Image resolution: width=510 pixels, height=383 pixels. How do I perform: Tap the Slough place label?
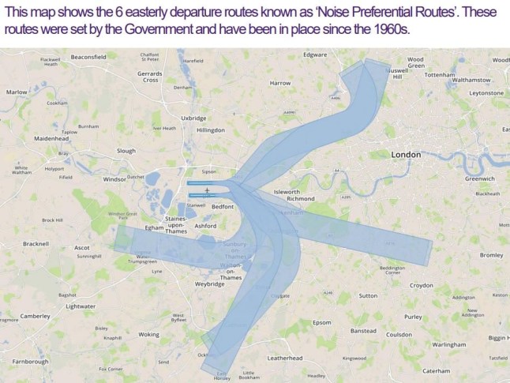pos(126,150)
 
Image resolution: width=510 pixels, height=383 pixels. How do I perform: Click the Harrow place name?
pos(280,83)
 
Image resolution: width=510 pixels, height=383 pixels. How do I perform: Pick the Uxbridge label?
pos(193,118)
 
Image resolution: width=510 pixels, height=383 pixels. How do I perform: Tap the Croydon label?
pos(421,285)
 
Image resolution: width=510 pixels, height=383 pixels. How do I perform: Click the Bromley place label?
pos(491,255)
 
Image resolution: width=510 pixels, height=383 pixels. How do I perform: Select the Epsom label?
pos(322,322)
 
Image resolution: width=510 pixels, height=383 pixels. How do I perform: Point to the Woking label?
pos(148,334)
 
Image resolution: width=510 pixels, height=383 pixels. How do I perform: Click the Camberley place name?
pos(35,316)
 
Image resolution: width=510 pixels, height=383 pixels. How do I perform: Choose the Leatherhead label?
pos(285,358)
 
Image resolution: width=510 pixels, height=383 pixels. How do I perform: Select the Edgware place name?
pos(316,54)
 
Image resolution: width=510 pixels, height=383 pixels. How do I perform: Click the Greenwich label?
pos(479,178)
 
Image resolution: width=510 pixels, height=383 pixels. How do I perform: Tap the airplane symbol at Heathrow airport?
pos(207,190)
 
